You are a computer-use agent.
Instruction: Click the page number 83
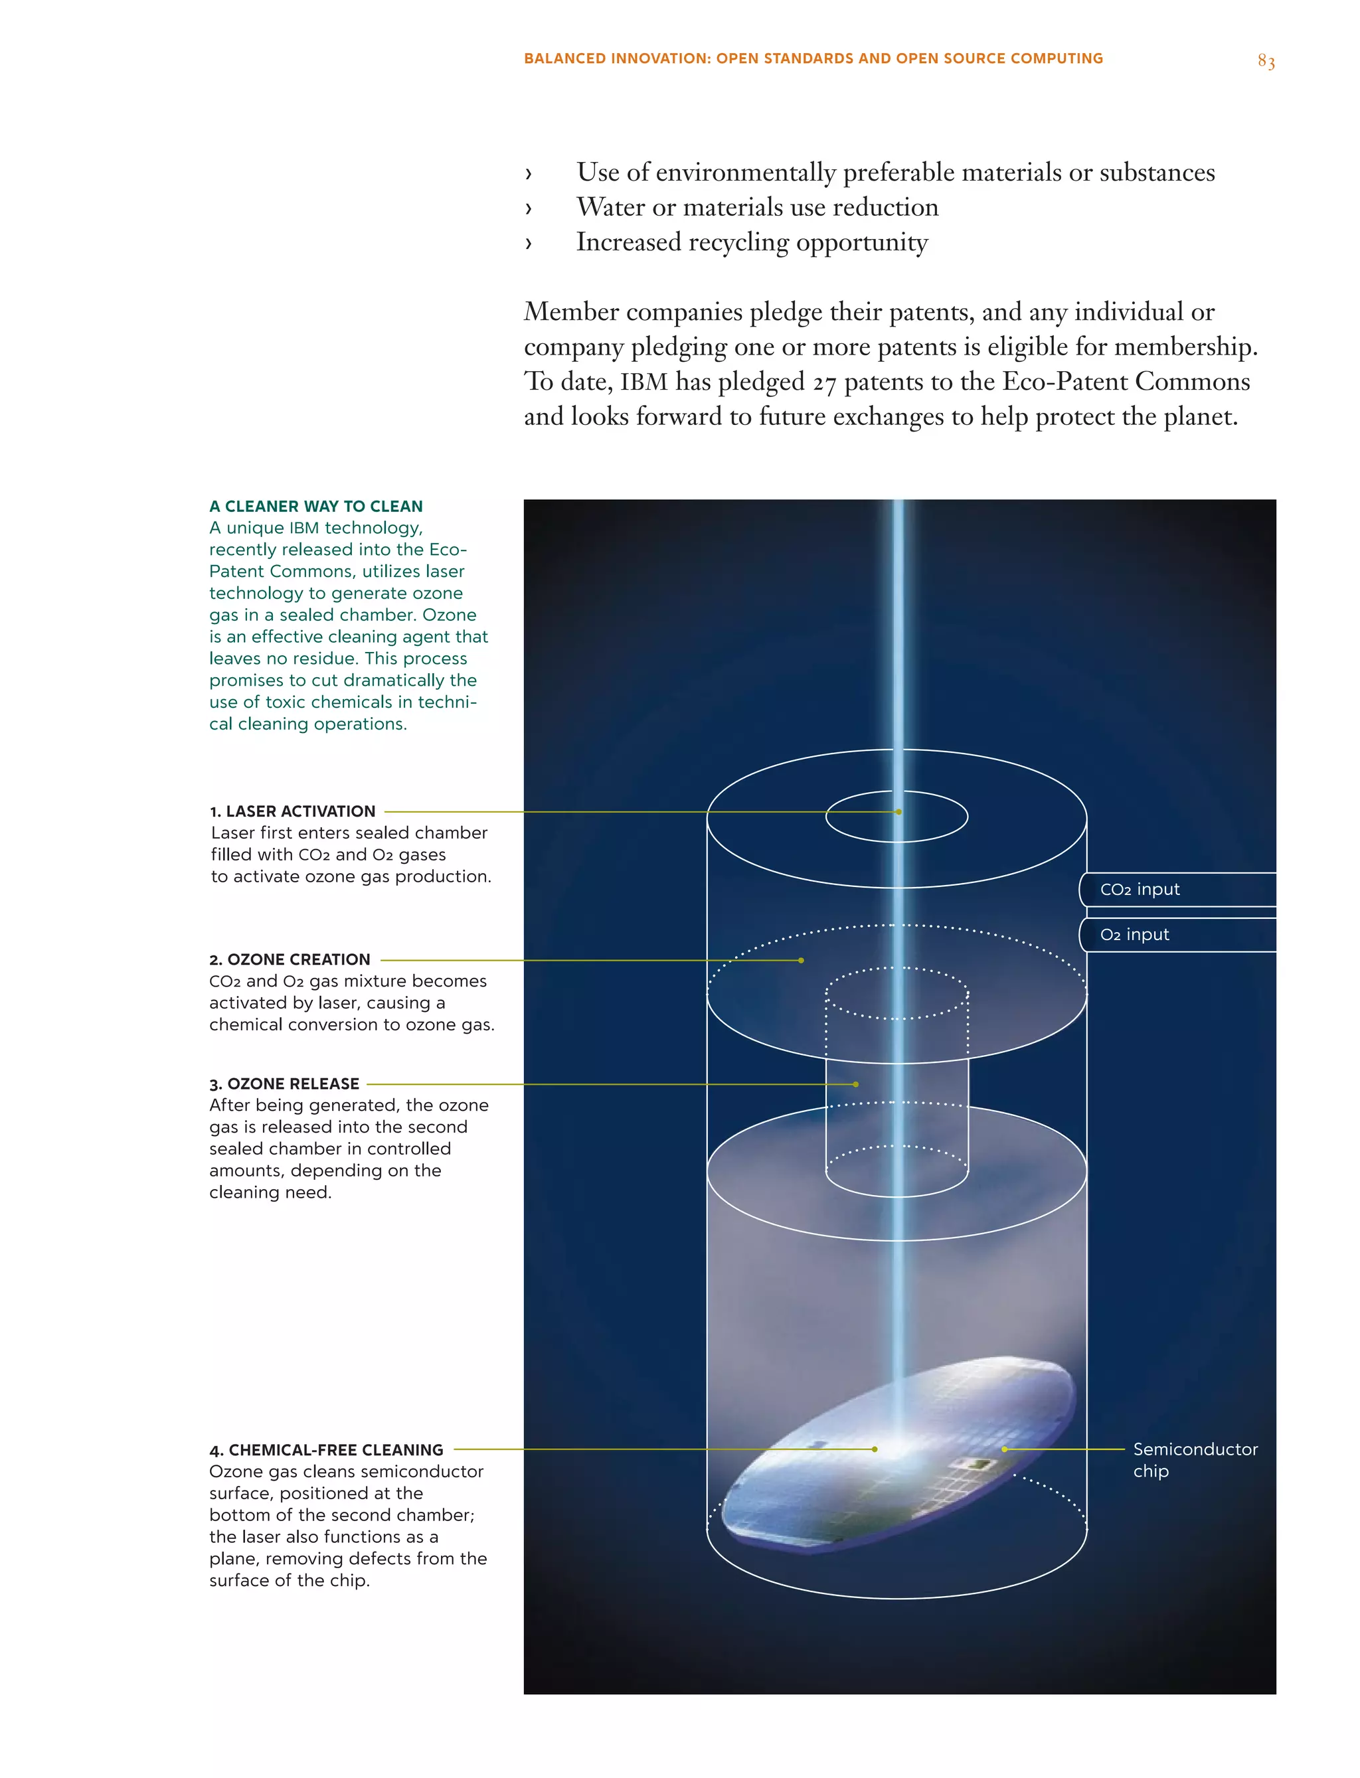point(1265,62)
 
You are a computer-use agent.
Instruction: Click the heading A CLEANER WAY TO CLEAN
point(315,507)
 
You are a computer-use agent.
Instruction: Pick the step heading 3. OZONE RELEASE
point(284,1084)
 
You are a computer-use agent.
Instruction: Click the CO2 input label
point(1140,890)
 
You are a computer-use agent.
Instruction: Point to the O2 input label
point(1134,935)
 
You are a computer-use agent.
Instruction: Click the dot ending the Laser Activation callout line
point(898,812)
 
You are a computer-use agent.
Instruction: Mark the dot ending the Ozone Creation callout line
point(802,961)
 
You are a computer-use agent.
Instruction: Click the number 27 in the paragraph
point(824,383)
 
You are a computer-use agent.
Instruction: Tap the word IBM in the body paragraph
point(643,382)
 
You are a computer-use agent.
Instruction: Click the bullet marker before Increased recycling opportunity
point(529,243)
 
